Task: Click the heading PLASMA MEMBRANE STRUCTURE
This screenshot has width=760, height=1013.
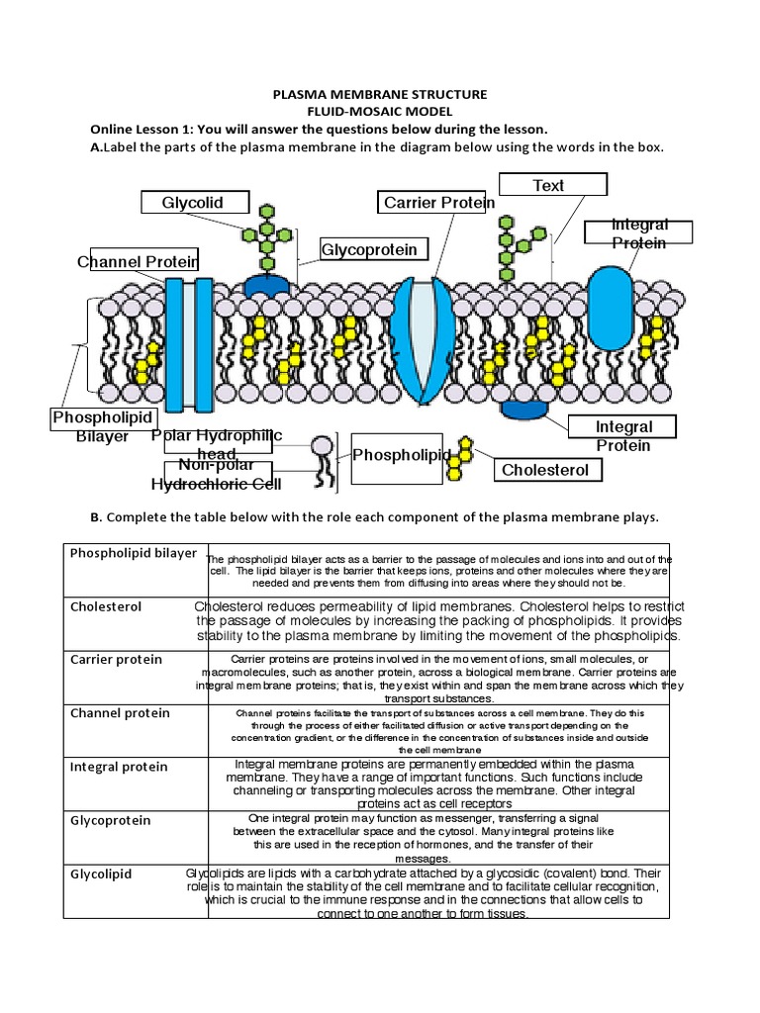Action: tap(380, 94)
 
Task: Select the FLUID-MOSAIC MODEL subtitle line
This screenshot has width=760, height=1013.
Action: tap(380, 112)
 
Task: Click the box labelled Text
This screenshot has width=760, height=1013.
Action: tap(548, 185)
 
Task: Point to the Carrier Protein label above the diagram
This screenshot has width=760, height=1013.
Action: tap(438, 203)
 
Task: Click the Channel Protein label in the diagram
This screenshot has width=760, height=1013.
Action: tap(140, 261)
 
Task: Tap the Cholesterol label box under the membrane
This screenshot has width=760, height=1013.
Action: tap(547, 470)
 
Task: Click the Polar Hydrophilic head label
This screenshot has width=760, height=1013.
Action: tap(217, 443)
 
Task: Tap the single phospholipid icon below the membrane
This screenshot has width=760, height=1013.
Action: tap(323, 459)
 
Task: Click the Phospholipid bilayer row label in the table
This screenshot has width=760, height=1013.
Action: tap(134, 553)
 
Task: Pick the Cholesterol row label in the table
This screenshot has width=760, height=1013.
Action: tap(106, 605)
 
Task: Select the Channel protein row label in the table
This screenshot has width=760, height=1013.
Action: tap(120, 712)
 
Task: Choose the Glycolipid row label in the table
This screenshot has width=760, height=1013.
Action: tap(101, 874)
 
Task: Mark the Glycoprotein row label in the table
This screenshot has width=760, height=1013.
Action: tap(110, 820)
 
